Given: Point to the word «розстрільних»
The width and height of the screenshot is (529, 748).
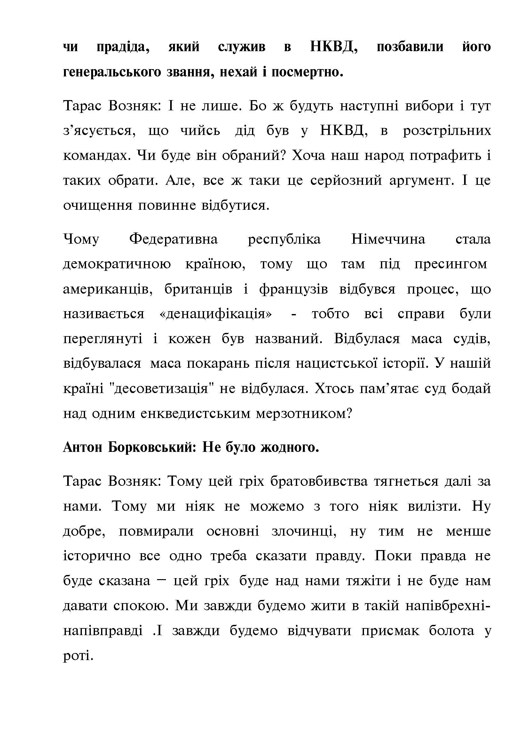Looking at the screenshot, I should tap(446, 131).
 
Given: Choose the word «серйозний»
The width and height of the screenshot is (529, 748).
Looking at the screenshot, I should tap(346, 180).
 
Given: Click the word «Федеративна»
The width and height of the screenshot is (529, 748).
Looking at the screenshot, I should tap(173, 239).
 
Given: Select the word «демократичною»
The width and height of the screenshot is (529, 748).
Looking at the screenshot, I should tap(117, 264).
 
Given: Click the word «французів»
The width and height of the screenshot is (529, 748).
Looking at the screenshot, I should tap(294, 289).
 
